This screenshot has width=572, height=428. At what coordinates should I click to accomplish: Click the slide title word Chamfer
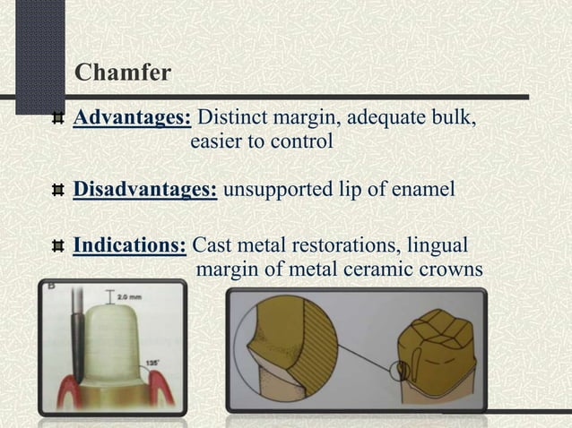coord(122,73)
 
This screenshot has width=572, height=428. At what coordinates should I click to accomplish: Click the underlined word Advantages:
coord(131,118)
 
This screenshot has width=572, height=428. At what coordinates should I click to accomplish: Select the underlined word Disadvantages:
coord(144,191)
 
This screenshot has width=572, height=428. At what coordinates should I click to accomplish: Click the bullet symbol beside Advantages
coord(58,118)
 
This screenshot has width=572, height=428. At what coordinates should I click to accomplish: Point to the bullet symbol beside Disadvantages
coord(58,191)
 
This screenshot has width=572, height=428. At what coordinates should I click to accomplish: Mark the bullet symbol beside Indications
coord(58,246)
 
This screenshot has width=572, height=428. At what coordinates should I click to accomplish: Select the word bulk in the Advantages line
coord(452,118)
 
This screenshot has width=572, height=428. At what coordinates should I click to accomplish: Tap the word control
coord(302,141)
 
